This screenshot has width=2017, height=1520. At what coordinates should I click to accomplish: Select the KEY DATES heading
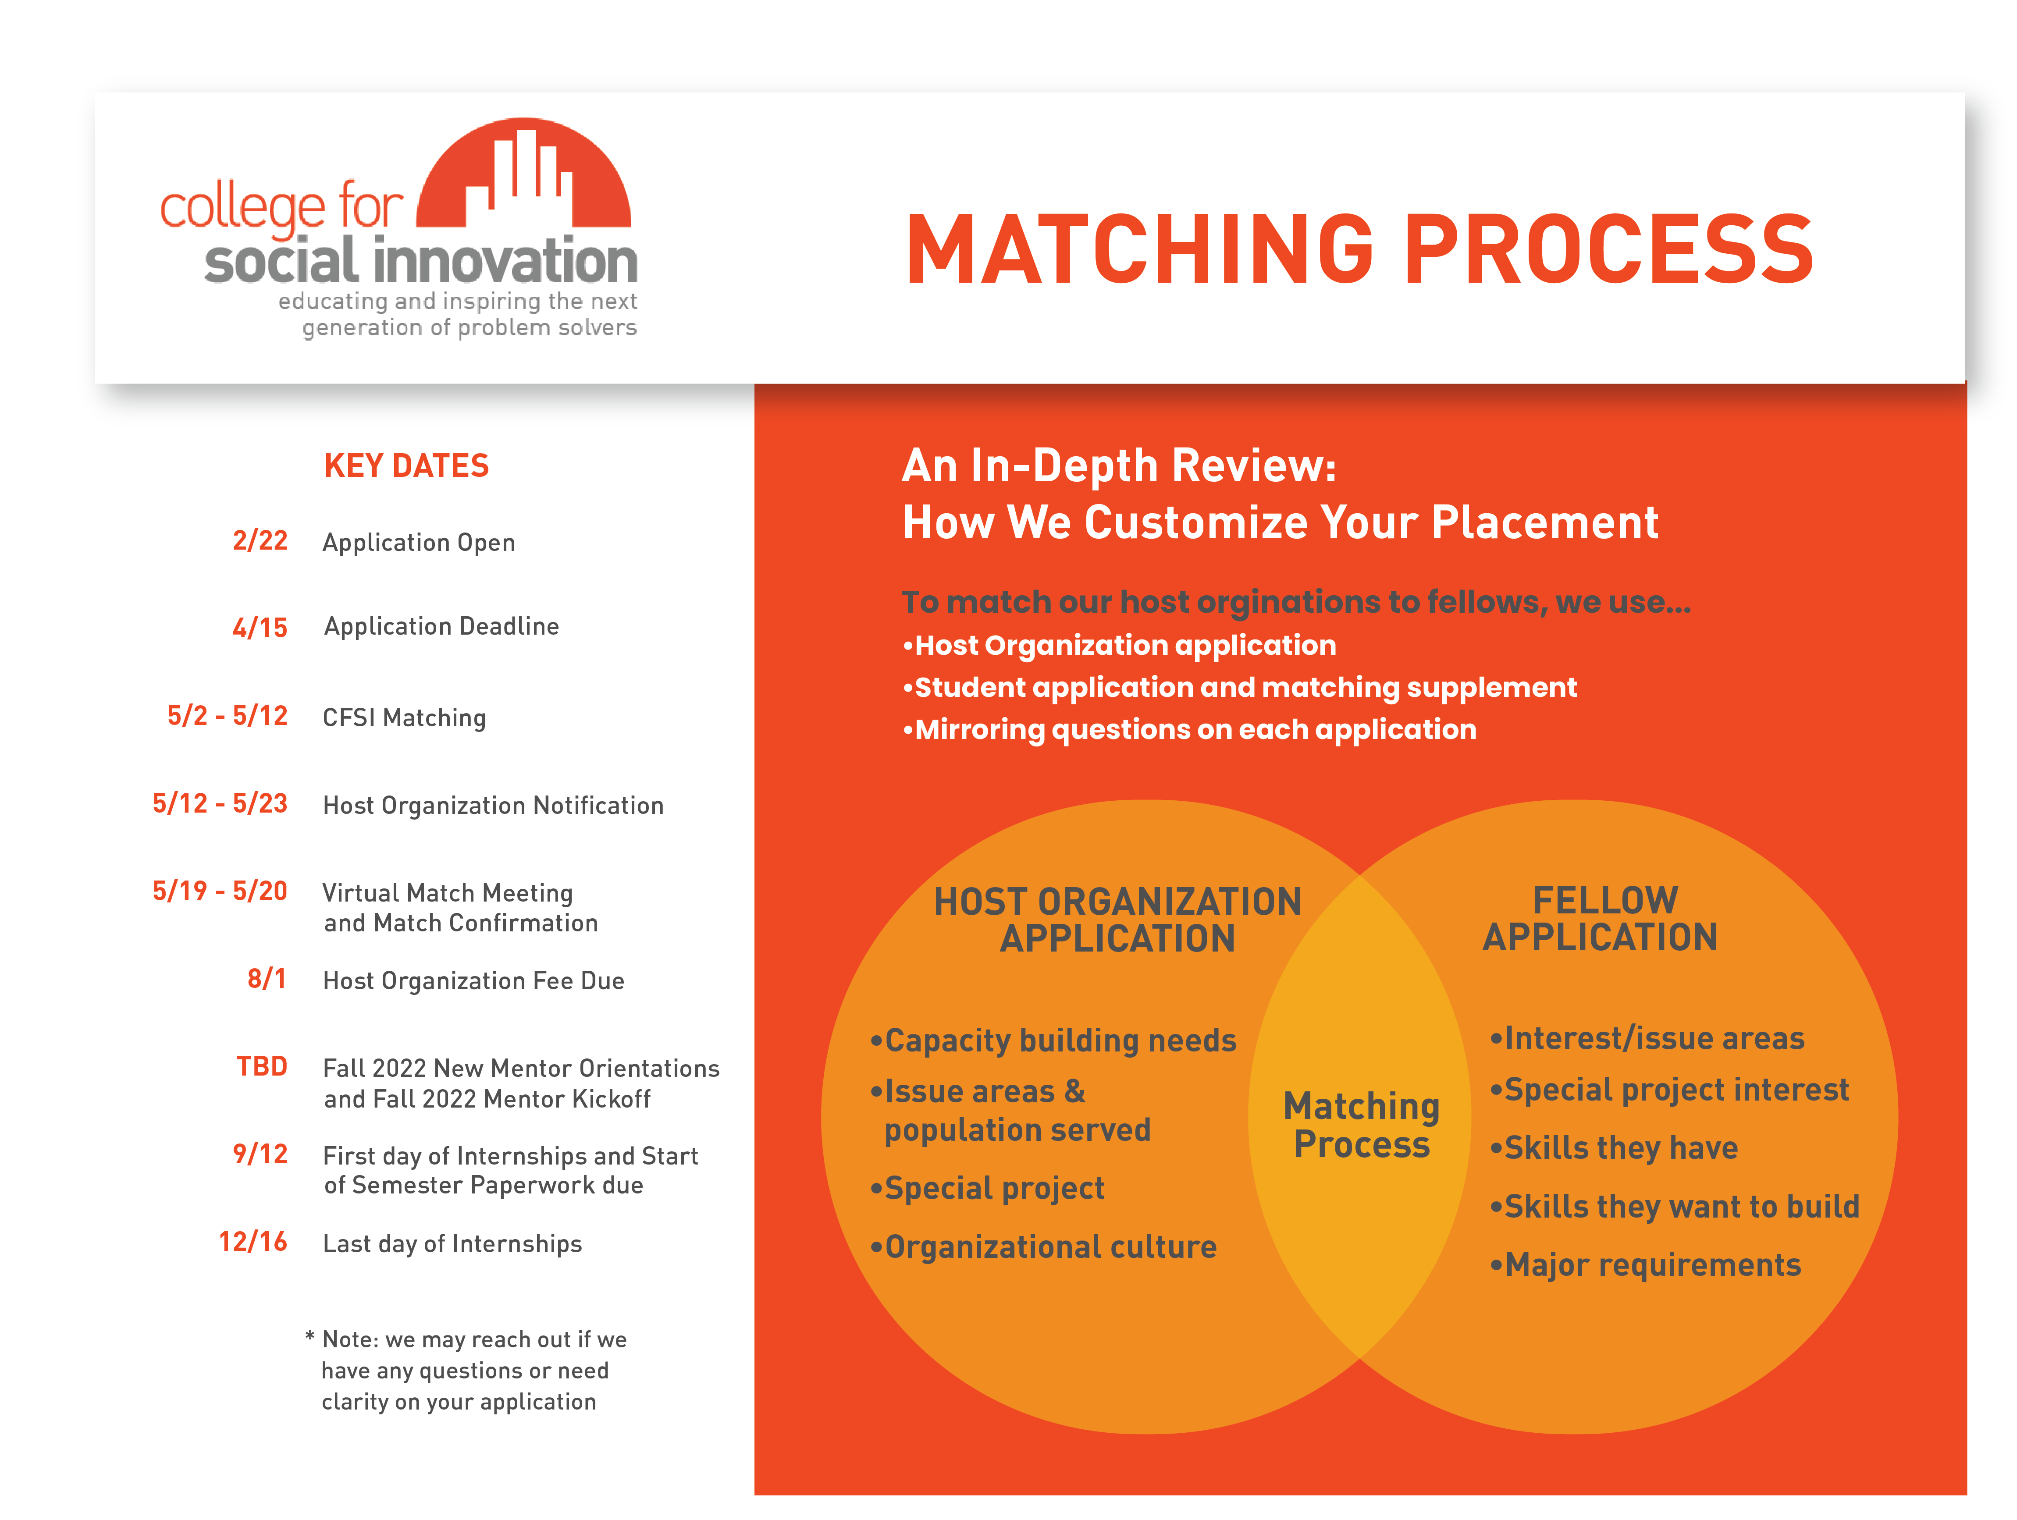point(407,466)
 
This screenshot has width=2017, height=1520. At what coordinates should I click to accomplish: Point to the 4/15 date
point(260,627)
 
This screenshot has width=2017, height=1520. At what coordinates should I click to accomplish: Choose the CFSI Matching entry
point(404,717)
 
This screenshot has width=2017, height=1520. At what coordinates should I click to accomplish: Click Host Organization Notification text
point(493,805)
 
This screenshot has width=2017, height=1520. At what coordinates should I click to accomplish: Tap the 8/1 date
point(267,979)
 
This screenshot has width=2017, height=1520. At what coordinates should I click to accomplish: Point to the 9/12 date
point(260,1154)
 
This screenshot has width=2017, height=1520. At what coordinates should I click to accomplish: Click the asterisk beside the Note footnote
point(310,1337)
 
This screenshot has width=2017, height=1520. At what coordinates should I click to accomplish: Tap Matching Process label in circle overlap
point(1361,1125)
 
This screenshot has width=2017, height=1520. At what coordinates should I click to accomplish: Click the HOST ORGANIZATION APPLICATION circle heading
point(1118,920)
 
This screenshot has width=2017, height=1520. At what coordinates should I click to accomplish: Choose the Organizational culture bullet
point(1043,1247)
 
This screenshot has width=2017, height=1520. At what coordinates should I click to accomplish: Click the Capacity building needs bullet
point(1053,1041)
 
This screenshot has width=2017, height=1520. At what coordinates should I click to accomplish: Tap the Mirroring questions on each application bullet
point(1189,729)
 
